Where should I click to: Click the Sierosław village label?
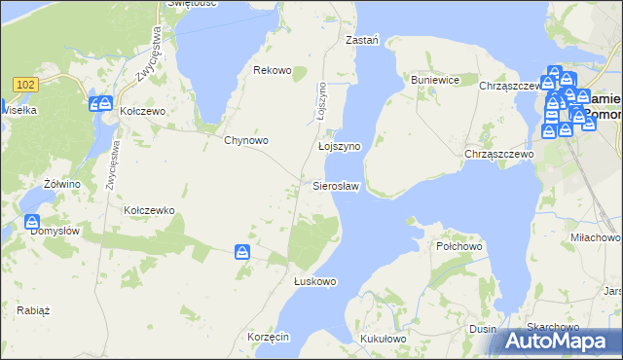336,185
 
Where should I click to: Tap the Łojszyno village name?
340,146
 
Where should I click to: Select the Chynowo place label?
246,140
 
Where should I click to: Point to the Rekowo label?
273,70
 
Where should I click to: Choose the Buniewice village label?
434,80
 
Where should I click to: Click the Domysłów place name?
55,231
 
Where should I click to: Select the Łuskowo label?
314,281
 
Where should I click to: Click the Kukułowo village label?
383,338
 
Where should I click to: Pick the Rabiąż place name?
33,310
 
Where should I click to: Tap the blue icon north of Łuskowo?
241,253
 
